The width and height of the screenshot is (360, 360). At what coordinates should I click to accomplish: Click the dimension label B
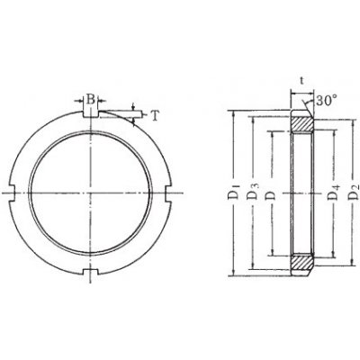[90, 99]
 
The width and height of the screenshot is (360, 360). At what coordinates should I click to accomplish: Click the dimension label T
[154, 116]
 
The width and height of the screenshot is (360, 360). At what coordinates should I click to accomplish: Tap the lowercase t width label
[301, 81]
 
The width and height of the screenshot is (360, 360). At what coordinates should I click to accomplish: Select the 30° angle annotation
[326, 101]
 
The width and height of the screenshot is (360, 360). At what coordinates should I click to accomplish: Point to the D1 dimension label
[234, 193]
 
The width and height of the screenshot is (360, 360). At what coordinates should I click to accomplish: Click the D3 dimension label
[253, 193]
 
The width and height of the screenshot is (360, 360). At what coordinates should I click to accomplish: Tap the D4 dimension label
[334, 193]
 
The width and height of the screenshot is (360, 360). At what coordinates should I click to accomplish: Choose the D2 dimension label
[354, 193]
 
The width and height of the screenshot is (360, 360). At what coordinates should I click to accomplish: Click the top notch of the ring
[90, 114]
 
